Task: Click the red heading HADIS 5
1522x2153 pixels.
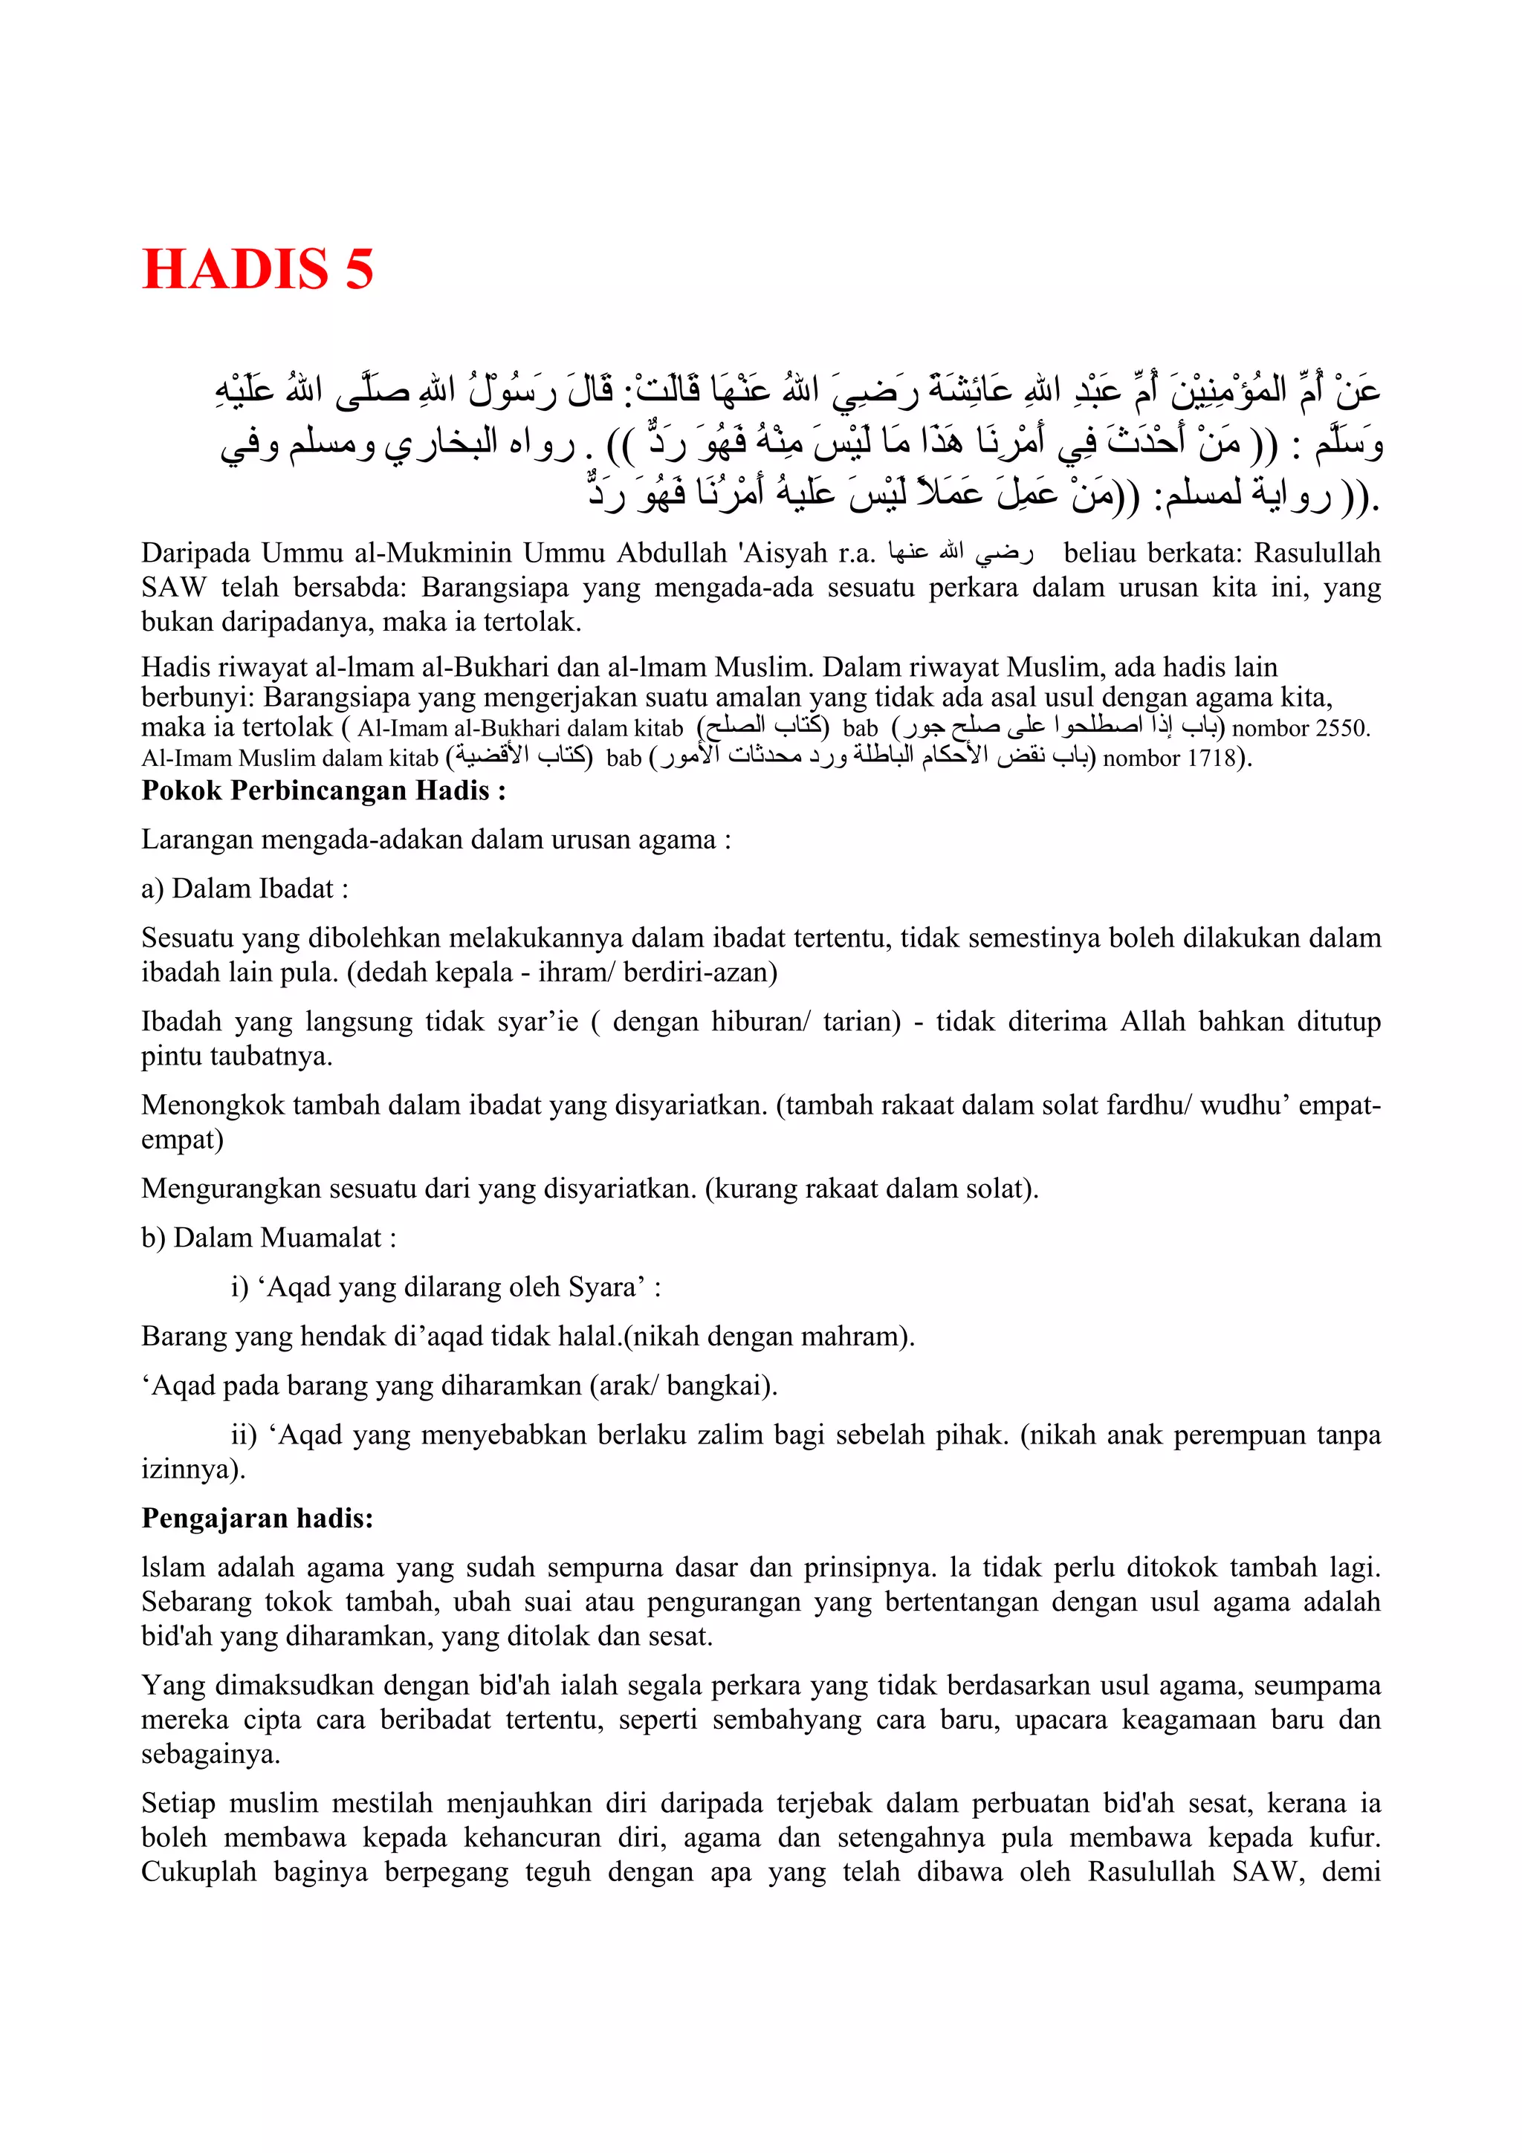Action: pyautogui.click(x=258, y=269)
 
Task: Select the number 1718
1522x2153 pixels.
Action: pyautogui.click(x=1211, y=758)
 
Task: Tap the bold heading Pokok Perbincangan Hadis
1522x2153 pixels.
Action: pyautogui.click(x=323, y=790)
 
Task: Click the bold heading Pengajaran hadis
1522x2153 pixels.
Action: pyautogui.click(x=257, y=1518)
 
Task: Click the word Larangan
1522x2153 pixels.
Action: pyautogui.click(x=197, y=840)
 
